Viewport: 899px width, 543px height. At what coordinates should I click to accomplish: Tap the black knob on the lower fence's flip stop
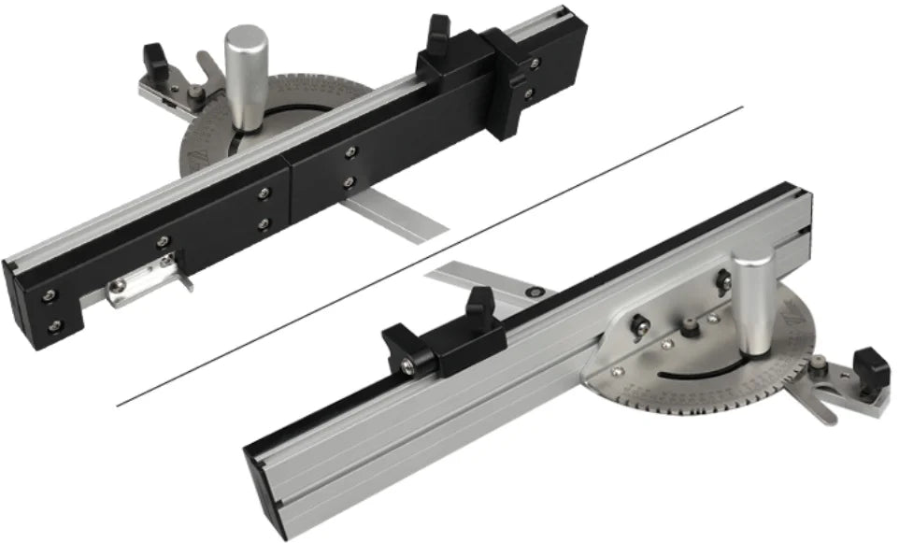pos(479,305)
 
